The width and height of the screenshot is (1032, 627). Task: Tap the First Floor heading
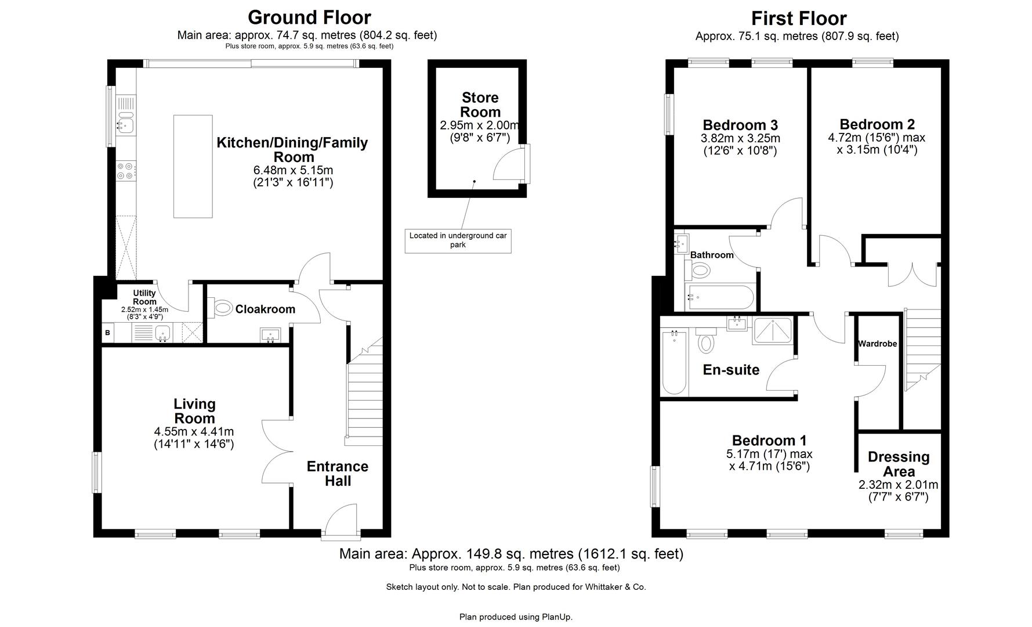point(799,18)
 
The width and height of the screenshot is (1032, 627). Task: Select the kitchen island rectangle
point(193,166)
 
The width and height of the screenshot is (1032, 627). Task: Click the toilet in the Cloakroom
point(222,308)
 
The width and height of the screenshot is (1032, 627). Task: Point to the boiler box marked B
point(108,333)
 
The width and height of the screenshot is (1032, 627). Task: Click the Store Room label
point(480,105)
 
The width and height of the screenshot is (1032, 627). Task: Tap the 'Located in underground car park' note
point(458,240)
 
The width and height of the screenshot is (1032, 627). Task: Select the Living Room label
point(194,411)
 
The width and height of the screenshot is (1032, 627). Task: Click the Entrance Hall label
point(337,474)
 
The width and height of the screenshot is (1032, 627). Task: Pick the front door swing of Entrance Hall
point(343,518)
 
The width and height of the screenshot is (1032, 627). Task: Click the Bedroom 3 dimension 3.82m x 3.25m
point(740,139)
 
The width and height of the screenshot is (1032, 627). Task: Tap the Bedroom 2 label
point(877,124)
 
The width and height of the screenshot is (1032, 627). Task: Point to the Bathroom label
point(711,255)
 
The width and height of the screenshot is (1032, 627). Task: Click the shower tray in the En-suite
point(772,331)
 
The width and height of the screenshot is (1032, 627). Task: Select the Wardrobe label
point(877,344)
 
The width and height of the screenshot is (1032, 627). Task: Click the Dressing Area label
point(898,464)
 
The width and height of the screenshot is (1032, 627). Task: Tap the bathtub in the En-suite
point(673,362)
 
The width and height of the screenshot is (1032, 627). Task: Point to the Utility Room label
point(144,297)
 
